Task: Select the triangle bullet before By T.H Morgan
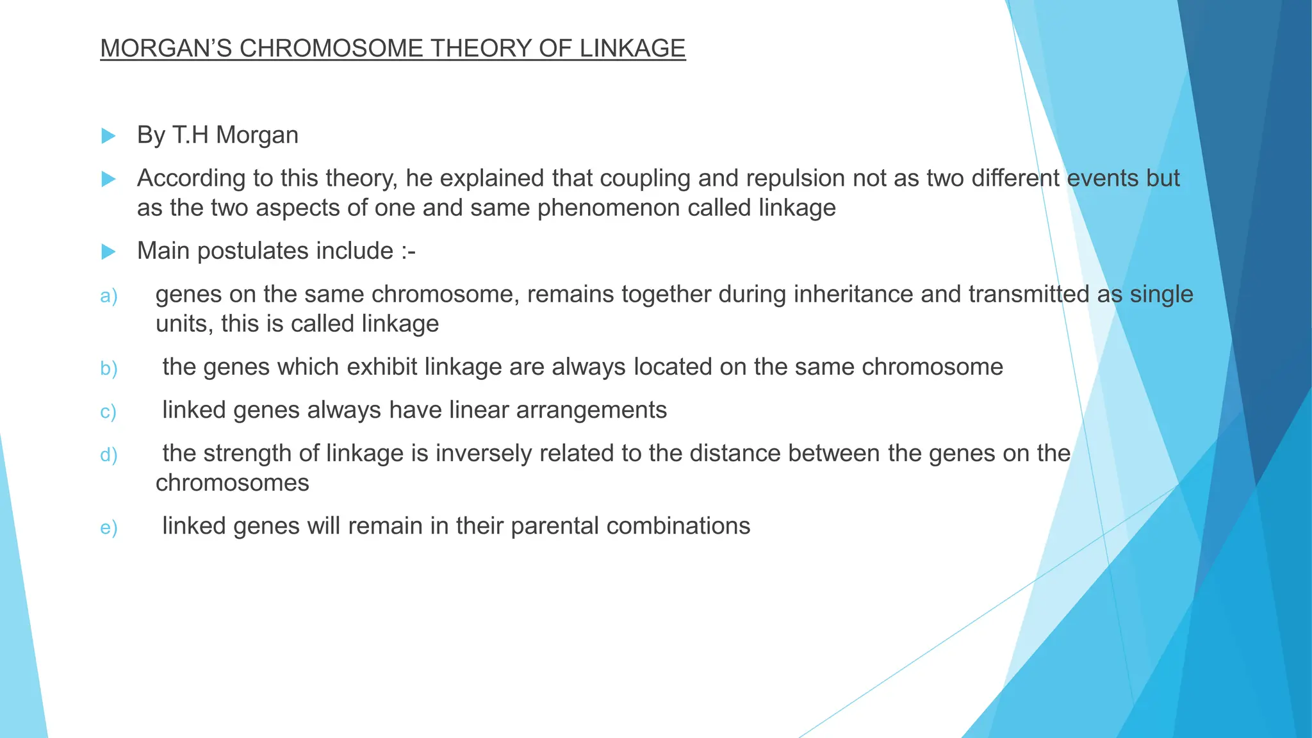(x=108, y=136)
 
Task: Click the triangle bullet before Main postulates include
(x=108, y=251)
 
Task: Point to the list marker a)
(x=109, y=296)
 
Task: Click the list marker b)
(x=109, y=368)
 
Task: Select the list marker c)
(x=108, y=411)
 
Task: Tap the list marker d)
(x=109, y=455)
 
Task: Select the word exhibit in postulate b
(x=382, y=367)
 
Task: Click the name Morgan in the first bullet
(x=257, y=135)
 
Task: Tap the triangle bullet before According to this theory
(x=108, y=179)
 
